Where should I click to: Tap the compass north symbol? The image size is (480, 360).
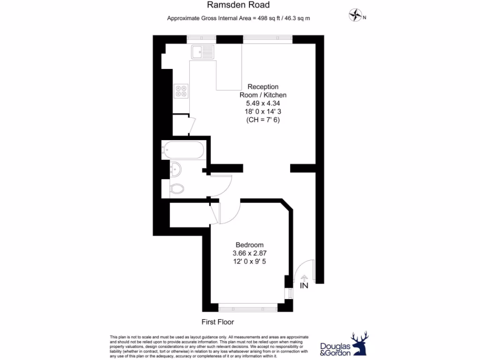tap(355, 16)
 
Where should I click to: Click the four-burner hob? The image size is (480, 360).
tap(181, 90)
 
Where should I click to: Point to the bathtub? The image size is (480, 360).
tap(182, 150)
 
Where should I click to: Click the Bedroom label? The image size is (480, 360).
tap(249, 245)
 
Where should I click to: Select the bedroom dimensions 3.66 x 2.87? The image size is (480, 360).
tap(249, 253)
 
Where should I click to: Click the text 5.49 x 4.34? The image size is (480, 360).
tap(262, 103)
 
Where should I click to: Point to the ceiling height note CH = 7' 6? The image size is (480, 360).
tap(262, 120)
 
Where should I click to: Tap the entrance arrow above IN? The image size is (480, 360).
tap(303, 277)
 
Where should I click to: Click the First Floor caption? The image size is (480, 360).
tap(217, 322)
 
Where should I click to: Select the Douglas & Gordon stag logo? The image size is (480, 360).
tap(360, 343)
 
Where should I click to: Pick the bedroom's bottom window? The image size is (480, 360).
tap(248, 308)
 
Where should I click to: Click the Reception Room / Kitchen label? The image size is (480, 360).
tap(262, 90)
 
